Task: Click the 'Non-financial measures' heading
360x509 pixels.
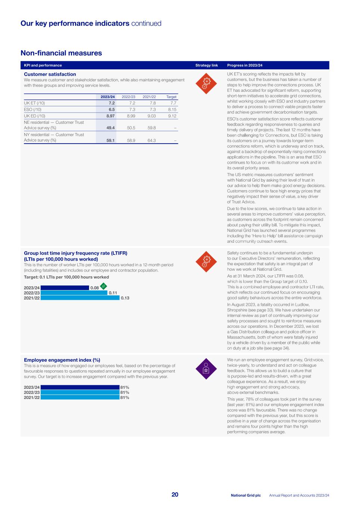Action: click(61, 53)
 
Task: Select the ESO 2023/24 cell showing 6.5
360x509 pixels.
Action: click(111, 110)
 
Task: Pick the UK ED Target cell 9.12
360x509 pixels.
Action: click(172, 116)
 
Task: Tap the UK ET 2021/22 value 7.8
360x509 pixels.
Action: click(152, 103)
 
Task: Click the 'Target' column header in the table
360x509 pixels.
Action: click(171, 97)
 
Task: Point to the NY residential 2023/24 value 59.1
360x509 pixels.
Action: click(110, 141)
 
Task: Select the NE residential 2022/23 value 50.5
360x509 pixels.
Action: click(131, 128)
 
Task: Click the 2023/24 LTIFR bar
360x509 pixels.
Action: click(65, 288)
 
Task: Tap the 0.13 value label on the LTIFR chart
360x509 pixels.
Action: click(125, 298)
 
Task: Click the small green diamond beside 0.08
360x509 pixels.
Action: click(104, 286)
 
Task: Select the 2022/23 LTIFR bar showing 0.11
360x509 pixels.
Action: click(74, 293)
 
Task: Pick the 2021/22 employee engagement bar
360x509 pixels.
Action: click(79, 398)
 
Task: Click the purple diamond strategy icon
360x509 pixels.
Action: click(206, 369)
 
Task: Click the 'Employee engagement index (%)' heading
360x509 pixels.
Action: click(62, 360)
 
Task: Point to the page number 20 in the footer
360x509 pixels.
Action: click(175, 494)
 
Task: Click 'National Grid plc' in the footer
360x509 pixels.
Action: click(245, 495)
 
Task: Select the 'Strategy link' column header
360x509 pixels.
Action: click(207, 65)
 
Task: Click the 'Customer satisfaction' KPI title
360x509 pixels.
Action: click(50, 74)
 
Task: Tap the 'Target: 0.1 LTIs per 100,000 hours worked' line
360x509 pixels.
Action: click(66, 277)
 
